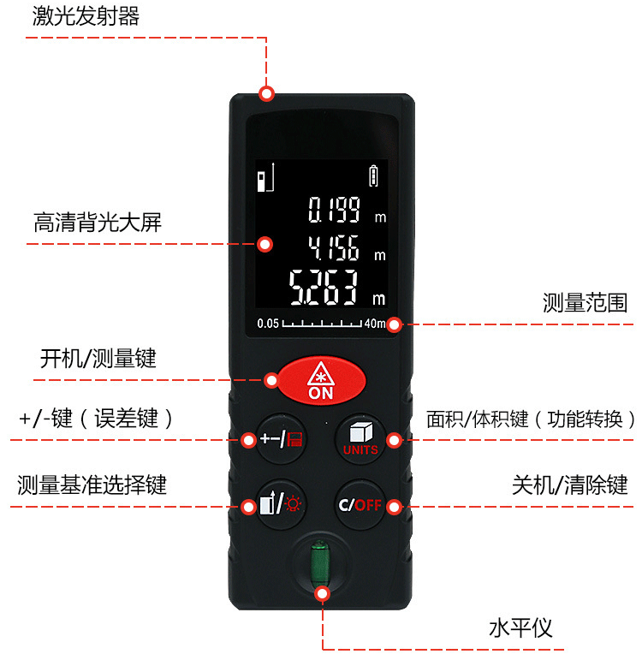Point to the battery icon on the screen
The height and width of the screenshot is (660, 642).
pos(373,176)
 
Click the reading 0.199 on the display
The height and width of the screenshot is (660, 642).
pos(335,210)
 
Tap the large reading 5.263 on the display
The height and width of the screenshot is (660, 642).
pos(325,288)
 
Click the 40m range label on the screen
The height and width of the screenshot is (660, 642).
pos(375,324)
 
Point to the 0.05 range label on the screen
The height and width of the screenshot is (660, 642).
pos(268,324)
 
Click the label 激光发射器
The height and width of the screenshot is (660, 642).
pos(86,16)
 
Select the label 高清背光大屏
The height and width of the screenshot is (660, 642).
pos(98,223)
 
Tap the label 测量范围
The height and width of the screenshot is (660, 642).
pos(585,303)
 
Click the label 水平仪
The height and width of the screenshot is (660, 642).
pos(520,628)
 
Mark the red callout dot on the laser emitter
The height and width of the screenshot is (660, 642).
pos(267,93)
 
